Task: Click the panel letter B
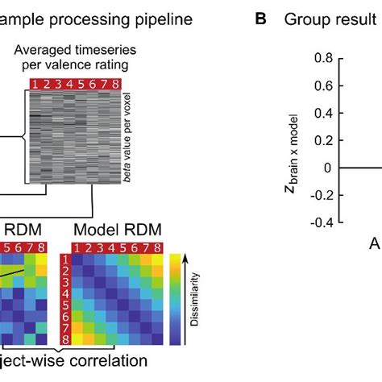click(x=260, y=18)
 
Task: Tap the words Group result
click(x=326, y=18)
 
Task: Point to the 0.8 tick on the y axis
click(x=322, y=58)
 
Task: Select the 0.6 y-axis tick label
click(x=322, y=85)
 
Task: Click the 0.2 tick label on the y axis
click(x=322, y=140)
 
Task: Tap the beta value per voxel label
click(x=128, y=139)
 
